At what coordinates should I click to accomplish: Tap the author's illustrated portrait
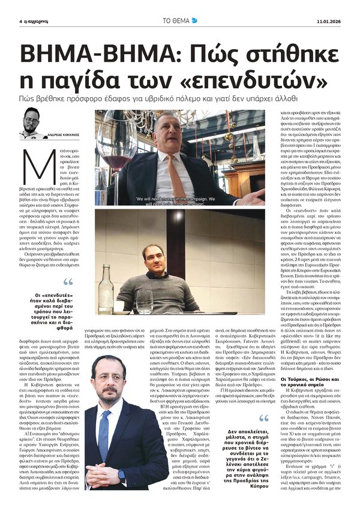pos(31,124)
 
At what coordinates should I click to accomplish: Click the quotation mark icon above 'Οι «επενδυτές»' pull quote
pos(67,282)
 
